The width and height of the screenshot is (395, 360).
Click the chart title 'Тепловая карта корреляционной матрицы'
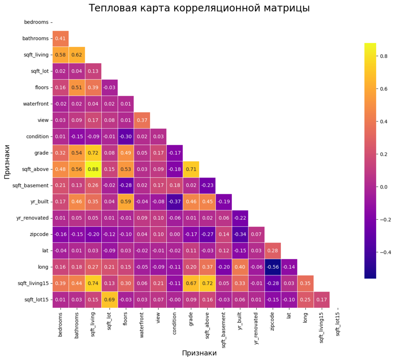pyautogui.click(x=199, y=8)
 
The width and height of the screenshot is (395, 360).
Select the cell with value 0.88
pyautogui.click(x=93, y=169)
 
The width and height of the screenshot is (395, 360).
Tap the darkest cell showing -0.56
pyautogui.click(x=273, y=267)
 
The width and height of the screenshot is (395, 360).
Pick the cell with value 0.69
pyautogui.click(x=109, y=300)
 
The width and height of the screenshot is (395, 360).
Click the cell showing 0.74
pyautogui.click(x=93, y=284)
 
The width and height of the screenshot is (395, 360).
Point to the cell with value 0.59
pyautogui.click(x=126, y=202)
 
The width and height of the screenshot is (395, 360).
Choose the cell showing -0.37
pyautogui.click(x=174, y=202)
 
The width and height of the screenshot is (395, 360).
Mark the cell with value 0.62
pyautogui.click(x=77, y=55)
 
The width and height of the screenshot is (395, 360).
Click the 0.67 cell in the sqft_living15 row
pyautogui.click(x=191, y=284)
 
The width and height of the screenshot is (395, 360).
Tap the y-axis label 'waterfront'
pyautogui.click(x=36, y=104)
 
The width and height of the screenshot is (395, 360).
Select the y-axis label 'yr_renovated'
pyautogui.click(x=33, y=218)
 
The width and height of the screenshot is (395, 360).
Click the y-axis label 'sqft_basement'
pyautogui.click(x=31, y=185)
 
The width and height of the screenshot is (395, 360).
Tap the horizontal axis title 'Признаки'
pyautogui.click(x=199, y=353)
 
